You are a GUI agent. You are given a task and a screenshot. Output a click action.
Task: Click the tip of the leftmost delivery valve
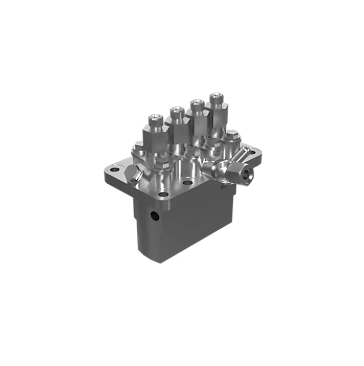156,118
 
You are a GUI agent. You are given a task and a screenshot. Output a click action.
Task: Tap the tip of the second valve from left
176,110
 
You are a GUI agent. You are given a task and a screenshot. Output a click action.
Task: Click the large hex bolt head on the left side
132,174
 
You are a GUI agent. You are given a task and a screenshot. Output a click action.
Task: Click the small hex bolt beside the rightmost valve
232,135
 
